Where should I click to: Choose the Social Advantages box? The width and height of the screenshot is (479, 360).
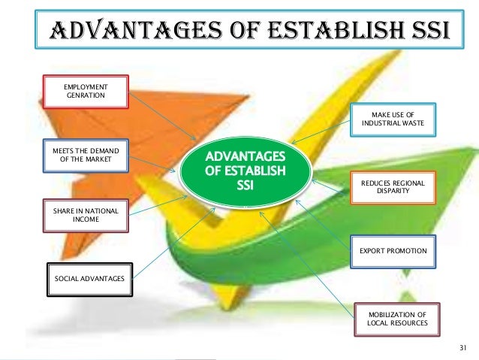pos(89,279)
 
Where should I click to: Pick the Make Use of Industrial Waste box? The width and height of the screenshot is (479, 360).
pos(393,118)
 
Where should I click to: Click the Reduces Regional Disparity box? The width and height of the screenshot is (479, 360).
pos(393,187)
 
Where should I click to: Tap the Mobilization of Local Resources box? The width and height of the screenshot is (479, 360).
pos(393,318)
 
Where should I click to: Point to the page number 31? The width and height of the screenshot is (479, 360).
pos(462,348)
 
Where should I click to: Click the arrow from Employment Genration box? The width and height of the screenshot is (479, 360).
pos(162,117)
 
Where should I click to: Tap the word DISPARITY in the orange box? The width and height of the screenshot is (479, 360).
pos(393,192)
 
